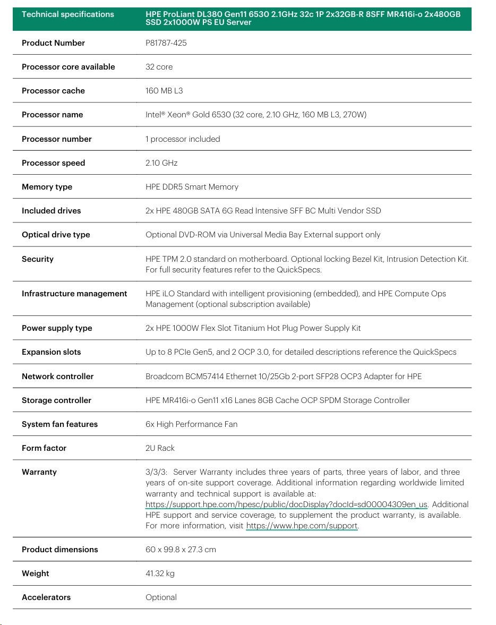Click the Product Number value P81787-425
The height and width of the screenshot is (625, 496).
click(166, 43)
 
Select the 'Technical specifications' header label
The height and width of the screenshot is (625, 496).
click(67, 14)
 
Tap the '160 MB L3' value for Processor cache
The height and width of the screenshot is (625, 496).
click(164, 91)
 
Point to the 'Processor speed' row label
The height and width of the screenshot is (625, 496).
click(53, 163)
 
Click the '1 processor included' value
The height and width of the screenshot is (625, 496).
click(183, 139)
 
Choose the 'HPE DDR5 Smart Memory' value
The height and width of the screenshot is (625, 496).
click(192, 187)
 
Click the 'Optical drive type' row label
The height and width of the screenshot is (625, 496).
click(56, 235)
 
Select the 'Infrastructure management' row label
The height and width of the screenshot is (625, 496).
click(74, 294)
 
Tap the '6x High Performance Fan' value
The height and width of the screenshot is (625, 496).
click(191, 424)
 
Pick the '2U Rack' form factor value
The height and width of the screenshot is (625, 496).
click(160, 448)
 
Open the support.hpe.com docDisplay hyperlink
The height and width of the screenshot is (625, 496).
click(286, 504)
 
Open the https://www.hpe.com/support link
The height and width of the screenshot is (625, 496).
click(302, 526)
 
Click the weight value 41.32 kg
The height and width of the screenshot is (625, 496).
click(160, 573)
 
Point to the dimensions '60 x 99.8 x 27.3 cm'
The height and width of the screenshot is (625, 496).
click(181, 550)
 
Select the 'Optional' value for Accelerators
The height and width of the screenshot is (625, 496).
click(161, 597)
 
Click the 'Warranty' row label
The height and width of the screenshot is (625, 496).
click(39, 472)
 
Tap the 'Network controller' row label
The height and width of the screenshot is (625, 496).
click(57, 376)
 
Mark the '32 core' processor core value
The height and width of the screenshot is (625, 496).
click(159, 67)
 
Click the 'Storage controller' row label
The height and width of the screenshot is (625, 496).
click(56, 400)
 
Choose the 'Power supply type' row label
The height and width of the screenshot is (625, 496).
click(57, 328)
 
